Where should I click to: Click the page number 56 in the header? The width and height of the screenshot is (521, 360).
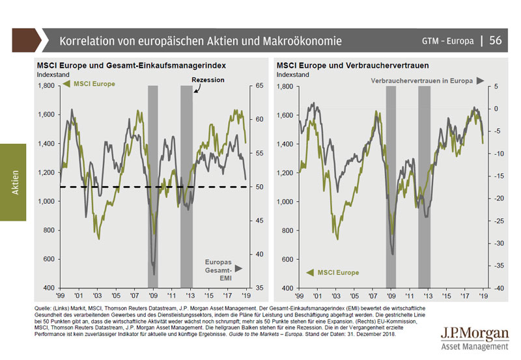[495, 40]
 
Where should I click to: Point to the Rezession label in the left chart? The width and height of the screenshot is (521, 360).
[208, 79]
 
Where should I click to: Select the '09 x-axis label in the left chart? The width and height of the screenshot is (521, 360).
[152, 295]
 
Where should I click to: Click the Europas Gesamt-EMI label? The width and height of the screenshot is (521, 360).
[220, 267]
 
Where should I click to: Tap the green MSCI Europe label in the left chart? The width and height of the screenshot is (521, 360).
[94, 84]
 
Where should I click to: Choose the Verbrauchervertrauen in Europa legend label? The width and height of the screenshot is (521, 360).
[422, 81]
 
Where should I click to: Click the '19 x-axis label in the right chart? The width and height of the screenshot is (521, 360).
[483, 295]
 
